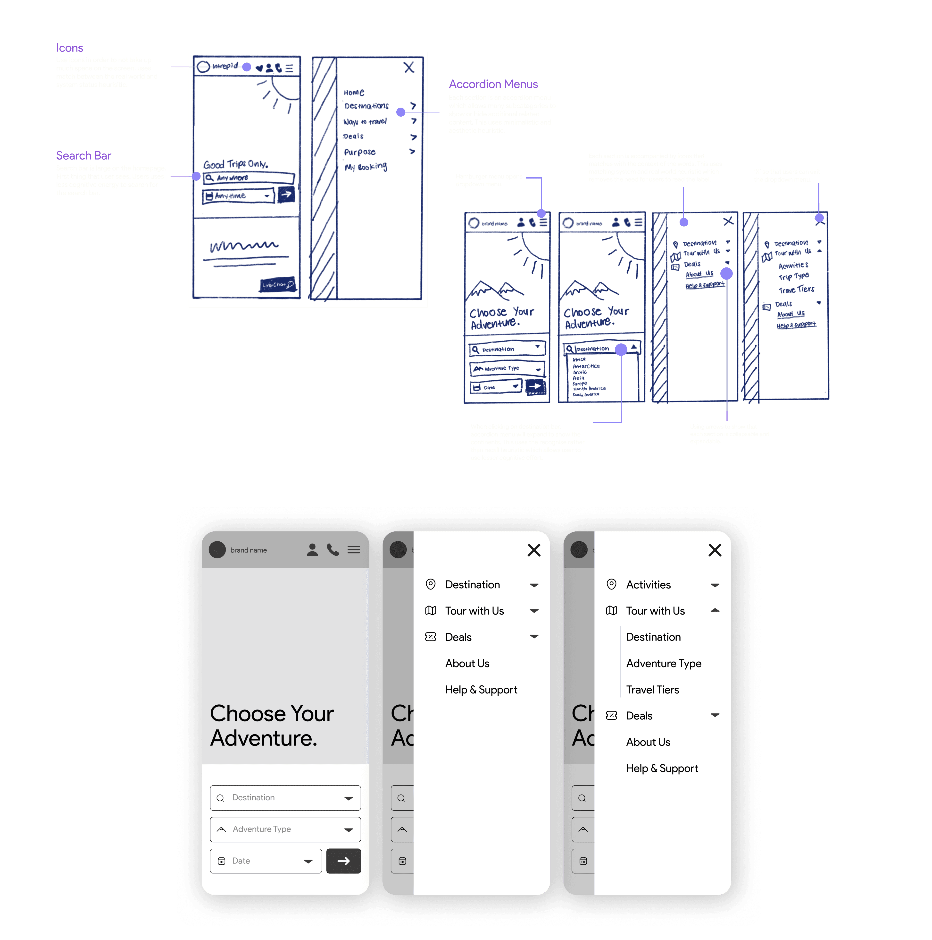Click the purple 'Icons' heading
[x=69, y=48]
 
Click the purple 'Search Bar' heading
[x=83, y=156]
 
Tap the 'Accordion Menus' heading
[x=493, y=84]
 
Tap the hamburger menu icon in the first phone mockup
[x=353, y=550]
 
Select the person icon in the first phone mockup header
[x=312, y=550]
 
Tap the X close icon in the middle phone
[x=534, y=550]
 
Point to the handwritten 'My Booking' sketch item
[x=366, y=167]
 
